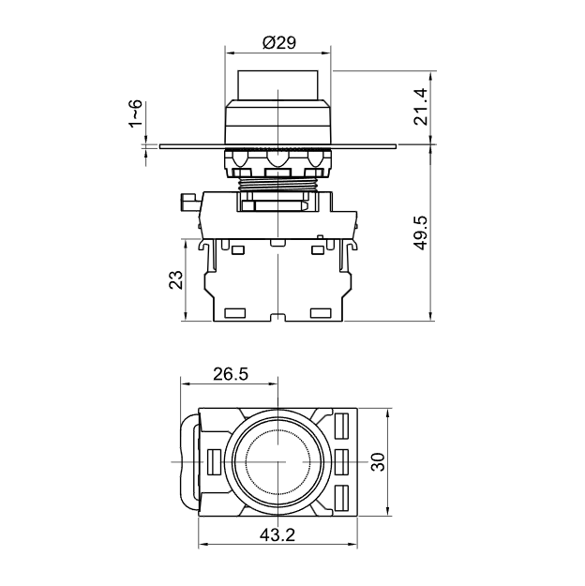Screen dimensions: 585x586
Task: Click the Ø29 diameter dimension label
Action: [x=279, y=42]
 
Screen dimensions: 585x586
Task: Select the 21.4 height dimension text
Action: [x=421, y=107]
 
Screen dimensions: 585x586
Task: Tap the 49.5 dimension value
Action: [x=421, y=233]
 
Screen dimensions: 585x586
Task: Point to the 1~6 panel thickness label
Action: [x=135, y=113]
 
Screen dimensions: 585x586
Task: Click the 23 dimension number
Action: [x=176, y=279]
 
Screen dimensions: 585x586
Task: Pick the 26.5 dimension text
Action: [x=231, y=374]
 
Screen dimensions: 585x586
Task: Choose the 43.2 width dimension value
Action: [x=277, y=535]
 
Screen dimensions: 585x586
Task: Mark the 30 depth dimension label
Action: [x=379, y=462]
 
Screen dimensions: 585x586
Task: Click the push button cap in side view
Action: [x=277, y=85]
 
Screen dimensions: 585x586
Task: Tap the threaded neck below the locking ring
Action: [x=277, y=184]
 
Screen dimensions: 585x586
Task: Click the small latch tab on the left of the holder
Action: [x=190, y=203]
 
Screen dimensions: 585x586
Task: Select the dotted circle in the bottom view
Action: [x=277, y=462]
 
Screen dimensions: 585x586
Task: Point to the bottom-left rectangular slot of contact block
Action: [x=234, y=313]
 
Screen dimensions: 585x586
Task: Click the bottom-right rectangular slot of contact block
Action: [x=321, y=313]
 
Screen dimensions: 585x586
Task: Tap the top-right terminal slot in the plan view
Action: [x=341, y=426]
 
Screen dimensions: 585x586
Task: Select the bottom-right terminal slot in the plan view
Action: [x=341, y=498]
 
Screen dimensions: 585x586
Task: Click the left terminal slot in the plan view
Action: [x=214, y=462]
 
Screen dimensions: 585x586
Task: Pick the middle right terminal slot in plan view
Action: [x=341, y=462]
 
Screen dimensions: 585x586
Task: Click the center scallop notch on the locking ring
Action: [x=277, y=158]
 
